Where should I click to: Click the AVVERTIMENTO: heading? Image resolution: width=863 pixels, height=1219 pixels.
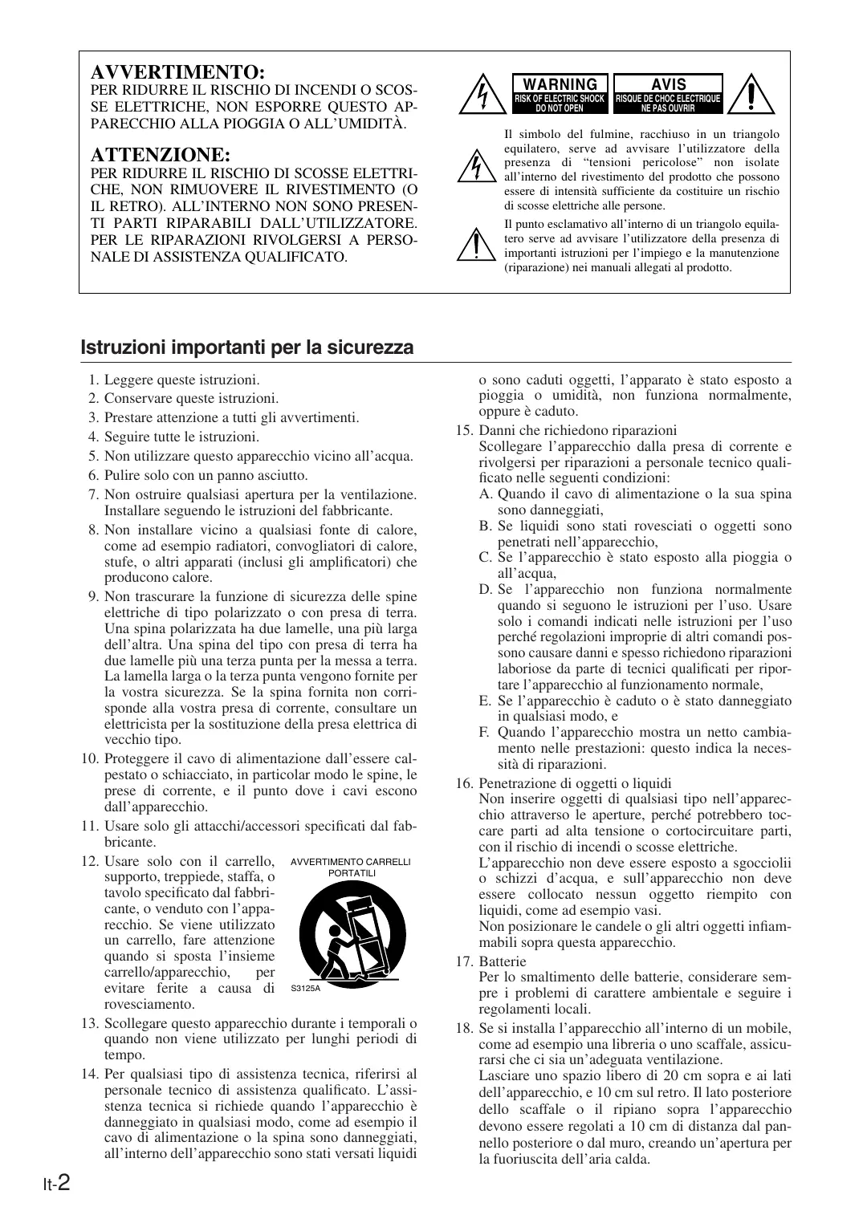(x=179, y=72)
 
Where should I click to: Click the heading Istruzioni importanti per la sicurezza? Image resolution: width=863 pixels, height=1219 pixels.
(x=247, y=347)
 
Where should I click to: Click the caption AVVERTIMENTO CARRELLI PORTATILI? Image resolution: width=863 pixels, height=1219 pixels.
(x=351, y=867)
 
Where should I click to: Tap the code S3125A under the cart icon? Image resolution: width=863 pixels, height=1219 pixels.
(x=305, y=988)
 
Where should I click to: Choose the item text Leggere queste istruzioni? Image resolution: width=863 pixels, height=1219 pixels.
(x=182, y=380)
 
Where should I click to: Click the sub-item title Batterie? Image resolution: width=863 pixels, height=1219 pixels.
(x=503, y=961)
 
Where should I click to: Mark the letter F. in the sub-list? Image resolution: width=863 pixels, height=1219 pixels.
(x=484, y=732)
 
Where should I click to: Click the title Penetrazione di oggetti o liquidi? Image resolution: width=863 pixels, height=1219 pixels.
(x=575, y=782)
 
